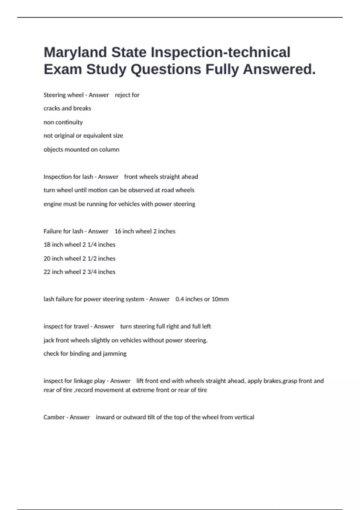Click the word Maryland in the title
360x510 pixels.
75,52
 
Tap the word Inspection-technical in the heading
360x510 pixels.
220,52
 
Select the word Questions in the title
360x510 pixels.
166,70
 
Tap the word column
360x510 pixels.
109,149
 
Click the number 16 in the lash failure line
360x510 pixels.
118,231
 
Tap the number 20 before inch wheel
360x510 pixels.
47,259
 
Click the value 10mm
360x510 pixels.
220,299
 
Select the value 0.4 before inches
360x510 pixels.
179,299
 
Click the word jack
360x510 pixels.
49,340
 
